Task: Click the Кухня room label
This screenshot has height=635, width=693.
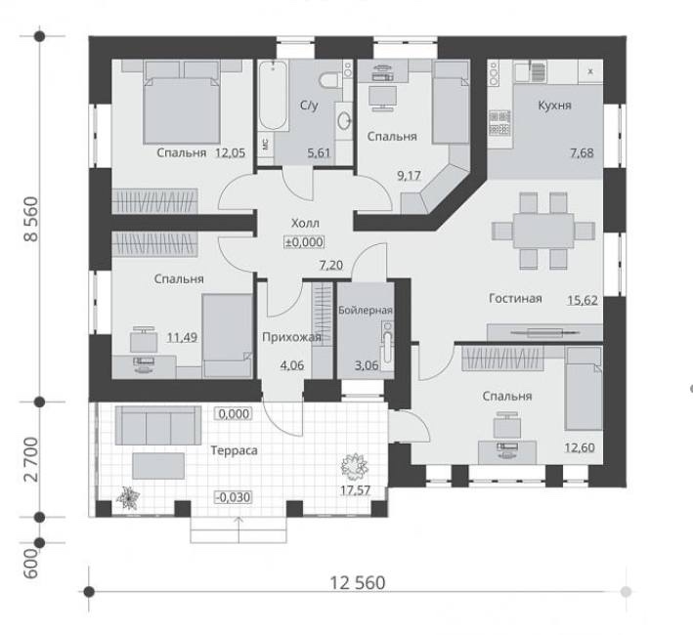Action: pos(554,106)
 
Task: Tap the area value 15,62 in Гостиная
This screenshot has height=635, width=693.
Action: pos(583,300)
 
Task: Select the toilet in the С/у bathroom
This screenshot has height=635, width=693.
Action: pos(329,80)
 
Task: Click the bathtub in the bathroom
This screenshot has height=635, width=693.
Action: pos(273,95)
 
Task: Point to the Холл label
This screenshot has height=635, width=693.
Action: pos(305,223)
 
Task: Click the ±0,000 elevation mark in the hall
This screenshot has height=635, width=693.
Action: pos(304,242)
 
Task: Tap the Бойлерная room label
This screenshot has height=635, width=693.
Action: pos(366,310)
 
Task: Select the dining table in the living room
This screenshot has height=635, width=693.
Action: pos(543,231)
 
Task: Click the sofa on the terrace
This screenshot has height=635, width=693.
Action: pos(158,425)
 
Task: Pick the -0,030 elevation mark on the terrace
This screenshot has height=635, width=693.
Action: pos(234,497)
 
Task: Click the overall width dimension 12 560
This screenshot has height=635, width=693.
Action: pos(358,583)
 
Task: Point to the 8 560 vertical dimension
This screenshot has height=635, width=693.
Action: pos(31,219)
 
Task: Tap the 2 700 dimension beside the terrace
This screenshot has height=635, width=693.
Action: pos(31,459)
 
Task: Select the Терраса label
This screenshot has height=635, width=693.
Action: pos(234,451)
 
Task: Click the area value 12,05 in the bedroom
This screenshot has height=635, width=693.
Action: pos(231,153)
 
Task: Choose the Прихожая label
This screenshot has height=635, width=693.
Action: pos(291,338)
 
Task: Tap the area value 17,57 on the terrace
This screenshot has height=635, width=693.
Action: pos(356,490)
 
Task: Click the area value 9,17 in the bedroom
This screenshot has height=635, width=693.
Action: pos(409,176)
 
